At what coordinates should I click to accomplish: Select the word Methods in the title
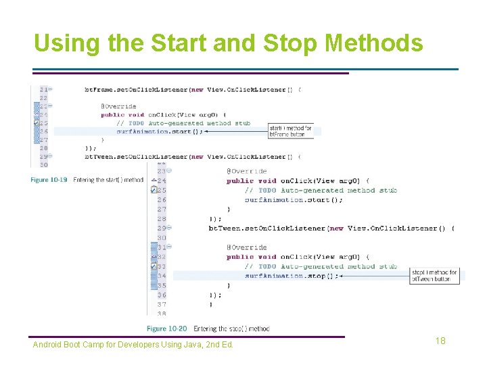point(373,43)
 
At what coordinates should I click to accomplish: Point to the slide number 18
point(440,341)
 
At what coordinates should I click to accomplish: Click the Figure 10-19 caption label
point(49,180)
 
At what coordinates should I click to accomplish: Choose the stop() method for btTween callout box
point(434,276)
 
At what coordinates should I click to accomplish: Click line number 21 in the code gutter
point(44,89)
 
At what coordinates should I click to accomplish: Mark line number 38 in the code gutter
point(162,314)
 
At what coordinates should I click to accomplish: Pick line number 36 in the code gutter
point(162,295)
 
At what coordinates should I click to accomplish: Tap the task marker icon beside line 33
point(154,266)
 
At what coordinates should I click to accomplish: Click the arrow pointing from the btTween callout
point(372,276)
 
